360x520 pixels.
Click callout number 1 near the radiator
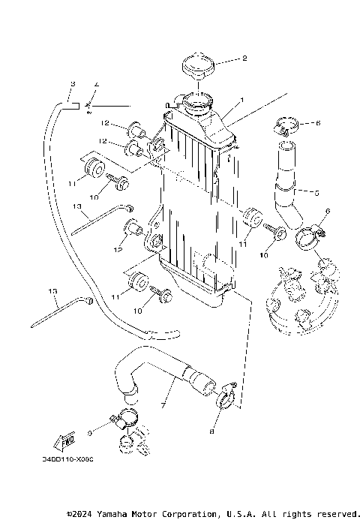(x=241, y=100)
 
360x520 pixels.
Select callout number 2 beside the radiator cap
(x=244, y=58)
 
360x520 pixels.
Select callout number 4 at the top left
(x=96, y=83)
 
